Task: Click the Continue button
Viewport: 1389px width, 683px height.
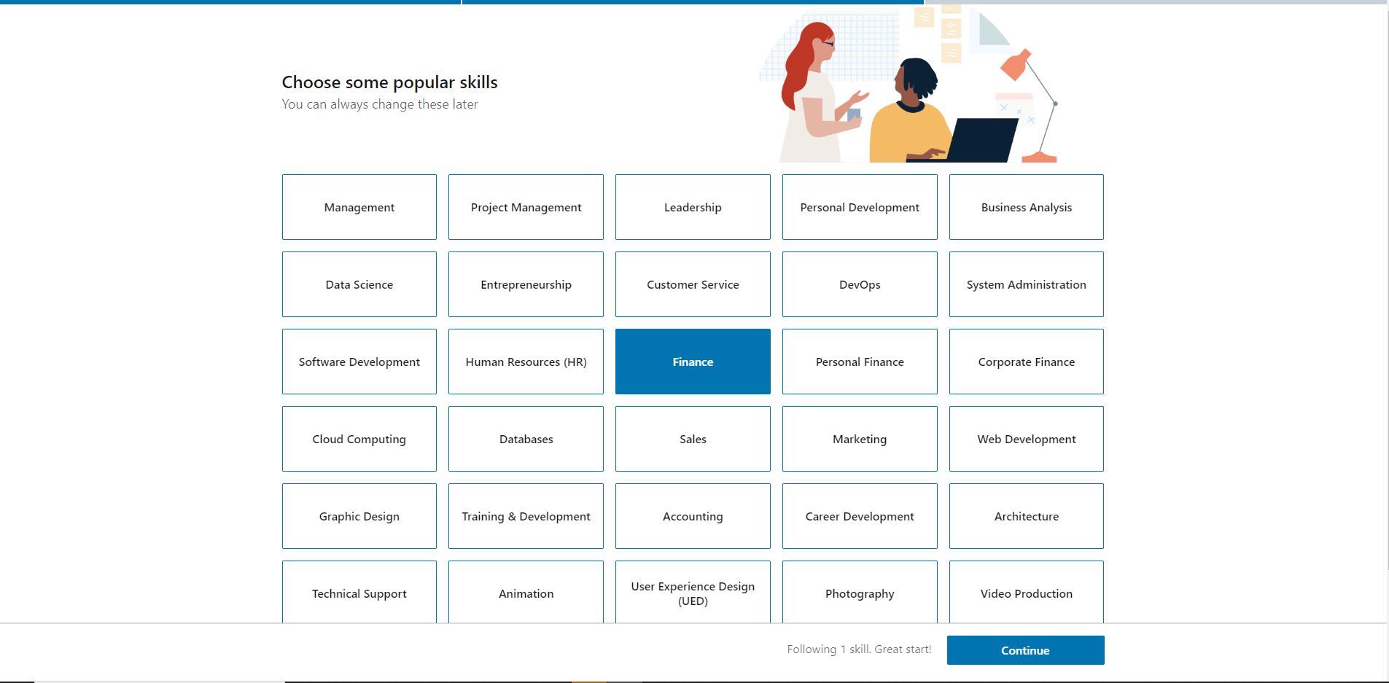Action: (1025, 650)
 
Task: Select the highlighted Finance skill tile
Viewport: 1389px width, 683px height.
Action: (693, 362)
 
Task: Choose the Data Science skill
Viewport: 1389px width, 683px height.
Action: (359, 284)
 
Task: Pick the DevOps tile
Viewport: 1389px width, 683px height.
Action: (860, 284)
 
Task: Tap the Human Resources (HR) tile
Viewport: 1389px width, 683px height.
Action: (526, 362)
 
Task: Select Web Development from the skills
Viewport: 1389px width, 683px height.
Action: (1027, 439)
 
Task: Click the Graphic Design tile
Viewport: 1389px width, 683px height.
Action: (359, 516)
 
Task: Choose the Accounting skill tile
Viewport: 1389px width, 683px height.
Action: (693, 516)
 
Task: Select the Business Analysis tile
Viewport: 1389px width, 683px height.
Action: (1027, 207)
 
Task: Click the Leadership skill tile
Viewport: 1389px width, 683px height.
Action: (693, 207)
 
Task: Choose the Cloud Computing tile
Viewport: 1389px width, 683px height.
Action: (359, 439)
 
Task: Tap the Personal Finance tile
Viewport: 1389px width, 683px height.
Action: (860, 362)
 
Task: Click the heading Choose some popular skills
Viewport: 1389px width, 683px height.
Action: (390, 82)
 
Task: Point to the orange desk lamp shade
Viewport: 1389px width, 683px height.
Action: (1016, 66)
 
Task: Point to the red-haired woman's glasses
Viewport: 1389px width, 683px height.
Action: (828, 44)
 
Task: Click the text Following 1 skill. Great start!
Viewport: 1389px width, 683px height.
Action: (859, 649)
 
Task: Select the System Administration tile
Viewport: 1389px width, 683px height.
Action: (1027, 284)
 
